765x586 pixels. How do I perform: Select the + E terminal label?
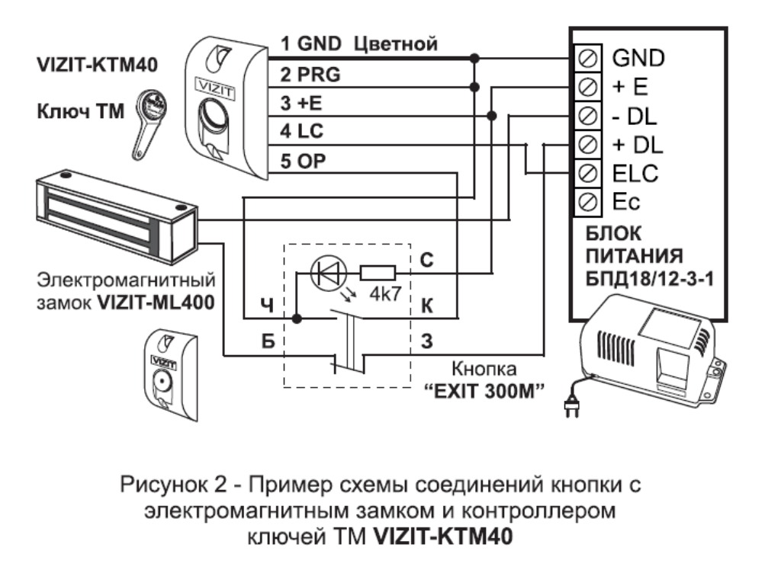click(x=629, y=86)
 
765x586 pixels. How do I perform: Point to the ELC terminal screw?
click(x=589, y=173)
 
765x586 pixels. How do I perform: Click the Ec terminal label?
click(x=627, y=201)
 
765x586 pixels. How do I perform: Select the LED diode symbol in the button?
click(x=329, y=271)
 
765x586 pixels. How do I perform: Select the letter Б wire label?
click(x=265, y=340)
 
